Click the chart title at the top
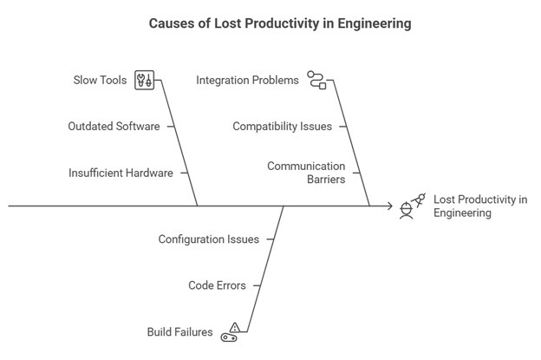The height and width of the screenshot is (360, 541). tap(270, 23)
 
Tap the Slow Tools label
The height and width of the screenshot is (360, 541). tap(100, 81)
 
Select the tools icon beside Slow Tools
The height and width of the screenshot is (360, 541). tap(145, 81)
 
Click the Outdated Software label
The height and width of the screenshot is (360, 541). tap(114, 127)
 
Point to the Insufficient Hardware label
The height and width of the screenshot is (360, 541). tap(121, 173)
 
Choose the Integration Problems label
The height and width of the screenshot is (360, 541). tap(247, 80)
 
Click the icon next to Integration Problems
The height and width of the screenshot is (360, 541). tap(316, 81)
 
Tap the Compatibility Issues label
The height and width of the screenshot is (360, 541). tap(282, 127)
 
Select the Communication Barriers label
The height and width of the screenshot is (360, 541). tap(306, 173)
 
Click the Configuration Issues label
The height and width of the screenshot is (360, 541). tap(208, 239)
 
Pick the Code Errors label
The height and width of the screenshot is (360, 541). tap(217, 285)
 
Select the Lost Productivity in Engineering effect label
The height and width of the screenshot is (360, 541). tap(479, 206)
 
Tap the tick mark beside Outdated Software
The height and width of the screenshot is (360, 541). tap(171, 127)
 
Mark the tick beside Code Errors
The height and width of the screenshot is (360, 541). tap(257, 285)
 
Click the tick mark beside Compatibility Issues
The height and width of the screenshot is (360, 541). tap(342, 127)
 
